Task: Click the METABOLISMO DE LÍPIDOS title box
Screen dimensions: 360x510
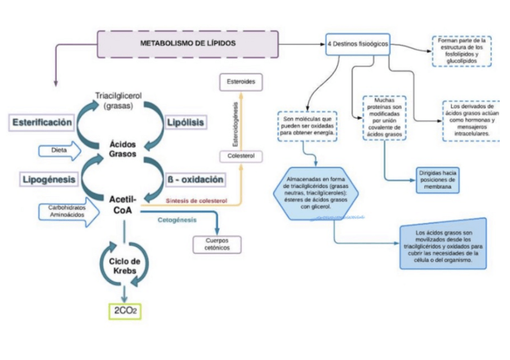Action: (188, 44)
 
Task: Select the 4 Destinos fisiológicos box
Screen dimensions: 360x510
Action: (358, 44)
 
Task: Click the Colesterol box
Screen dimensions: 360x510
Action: (241, 156)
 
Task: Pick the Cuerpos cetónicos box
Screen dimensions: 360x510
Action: (217, 244)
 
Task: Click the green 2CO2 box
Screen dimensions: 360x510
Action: (124, 311)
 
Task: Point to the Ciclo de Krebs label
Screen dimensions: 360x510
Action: (124, 266)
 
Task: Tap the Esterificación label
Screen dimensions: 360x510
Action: (41, 123)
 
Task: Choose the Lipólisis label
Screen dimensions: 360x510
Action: (185, 123)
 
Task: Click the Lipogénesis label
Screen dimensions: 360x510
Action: (49, 179)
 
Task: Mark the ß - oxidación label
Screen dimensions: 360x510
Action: (195, 179)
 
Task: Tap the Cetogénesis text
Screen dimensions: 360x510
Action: (177, 220)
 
